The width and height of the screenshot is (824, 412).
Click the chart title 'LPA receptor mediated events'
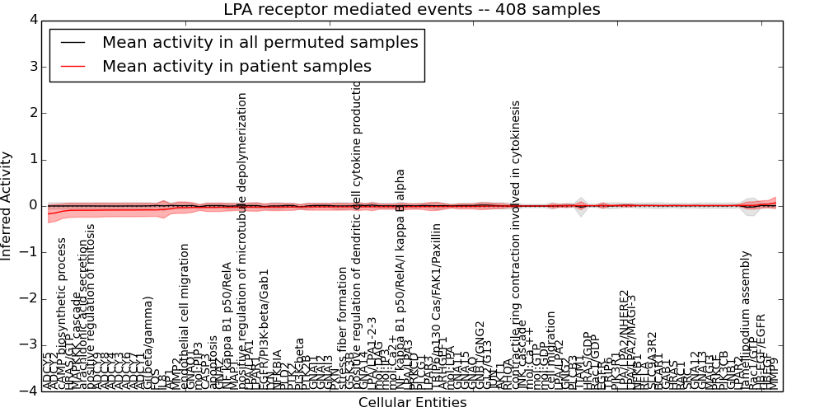coord(412,10)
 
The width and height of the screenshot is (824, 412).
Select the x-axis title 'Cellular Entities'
coord(412,403)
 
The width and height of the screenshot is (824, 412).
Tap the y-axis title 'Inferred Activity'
coord(7,206)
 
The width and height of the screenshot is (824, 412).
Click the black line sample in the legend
coord(73,43)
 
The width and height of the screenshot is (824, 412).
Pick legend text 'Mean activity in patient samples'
coord(236,67)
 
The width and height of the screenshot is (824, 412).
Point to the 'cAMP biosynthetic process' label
coord(62,313)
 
